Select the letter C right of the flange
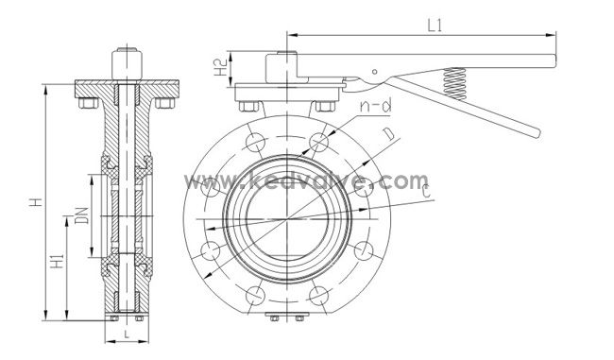coord(429,194)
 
